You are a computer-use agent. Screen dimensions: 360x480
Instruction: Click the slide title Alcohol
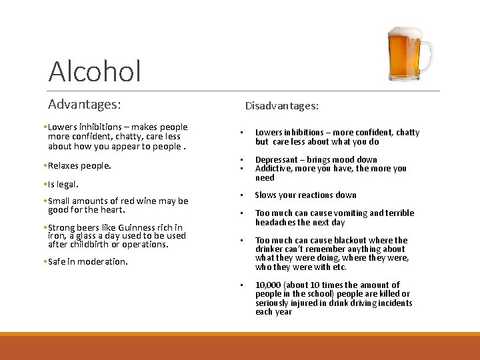(95, 71)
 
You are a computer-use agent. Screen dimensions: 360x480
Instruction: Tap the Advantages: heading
(84, 105)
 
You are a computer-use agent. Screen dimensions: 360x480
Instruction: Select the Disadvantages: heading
(281, 106)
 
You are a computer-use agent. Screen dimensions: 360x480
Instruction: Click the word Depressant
(278, 160)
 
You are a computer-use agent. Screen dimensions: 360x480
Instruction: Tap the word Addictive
(273, 169)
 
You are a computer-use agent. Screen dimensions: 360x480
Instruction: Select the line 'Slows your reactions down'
(305, 195)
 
